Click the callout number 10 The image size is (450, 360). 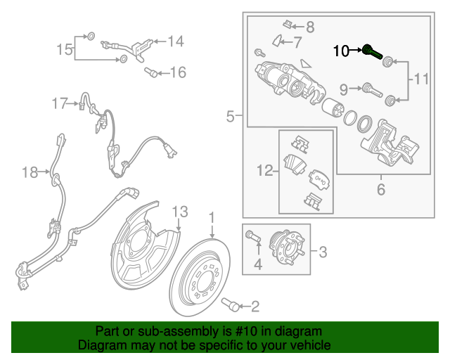340,51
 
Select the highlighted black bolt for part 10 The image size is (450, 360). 371,51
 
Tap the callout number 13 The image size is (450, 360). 180,211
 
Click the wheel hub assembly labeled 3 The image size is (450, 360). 288,249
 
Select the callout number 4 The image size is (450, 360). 257,264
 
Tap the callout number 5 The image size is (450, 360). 231,117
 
